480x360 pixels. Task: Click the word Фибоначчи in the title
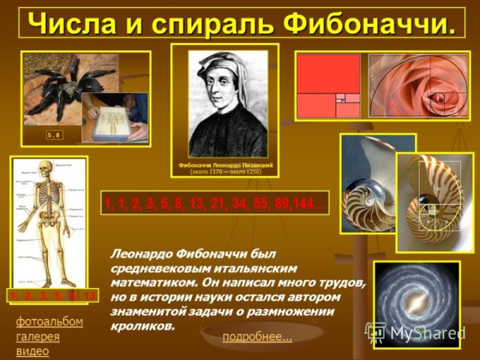coord(375,23)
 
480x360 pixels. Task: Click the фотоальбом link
coord(49,322)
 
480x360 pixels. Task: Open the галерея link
coord(38,336)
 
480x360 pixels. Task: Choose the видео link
coord(32,350)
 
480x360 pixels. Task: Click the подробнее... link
coord(257,337)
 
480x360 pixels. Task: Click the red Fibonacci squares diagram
coord(329,86)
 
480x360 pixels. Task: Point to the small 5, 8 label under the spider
coord(54,135)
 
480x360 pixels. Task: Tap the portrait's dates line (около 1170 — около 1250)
coord(226,171)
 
